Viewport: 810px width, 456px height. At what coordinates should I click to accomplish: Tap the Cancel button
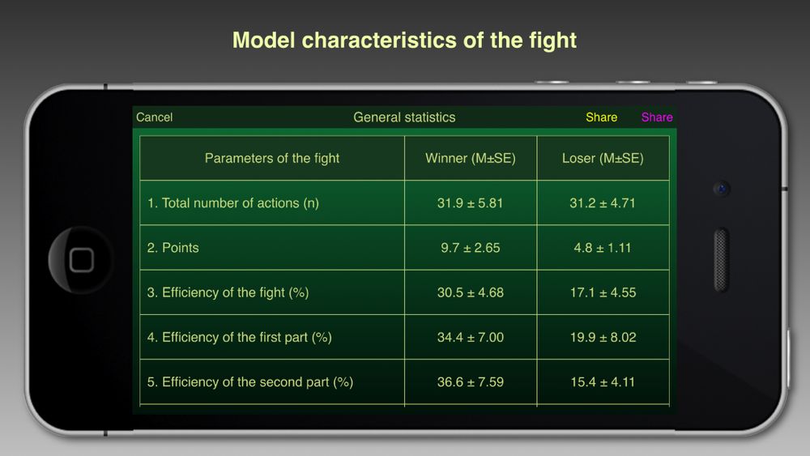click(x=154, y=117)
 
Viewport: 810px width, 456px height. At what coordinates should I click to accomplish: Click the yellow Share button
click(x=601, y=117)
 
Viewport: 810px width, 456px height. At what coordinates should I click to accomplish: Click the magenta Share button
click(x=657, y=117)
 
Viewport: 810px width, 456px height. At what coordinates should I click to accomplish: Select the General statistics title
click(x=404, y=117)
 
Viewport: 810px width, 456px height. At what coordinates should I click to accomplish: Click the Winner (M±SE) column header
click(x=470, y=158)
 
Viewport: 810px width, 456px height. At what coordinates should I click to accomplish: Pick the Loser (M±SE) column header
click(x=603, y=158)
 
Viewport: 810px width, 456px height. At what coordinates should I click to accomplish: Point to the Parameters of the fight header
click(x=271, y=158)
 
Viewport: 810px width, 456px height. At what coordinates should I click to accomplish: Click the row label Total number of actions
click(x=233, y=203)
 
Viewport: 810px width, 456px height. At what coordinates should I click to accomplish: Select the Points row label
click(x=173, y=248)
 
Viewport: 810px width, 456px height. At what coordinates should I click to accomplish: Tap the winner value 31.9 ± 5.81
click(x=470, y=203)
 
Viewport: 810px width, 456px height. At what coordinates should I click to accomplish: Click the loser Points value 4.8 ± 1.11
click(x=603, y=248)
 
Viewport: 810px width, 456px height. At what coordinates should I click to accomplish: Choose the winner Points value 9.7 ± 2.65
click(x=470, y=248)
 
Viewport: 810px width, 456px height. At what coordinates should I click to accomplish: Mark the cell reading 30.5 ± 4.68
click(x=470, y=293)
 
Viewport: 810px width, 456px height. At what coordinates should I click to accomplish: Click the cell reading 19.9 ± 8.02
click(x=603, y=337)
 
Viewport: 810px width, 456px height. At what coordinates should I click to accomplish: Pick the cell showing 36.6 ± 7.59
click(x=470, y=382)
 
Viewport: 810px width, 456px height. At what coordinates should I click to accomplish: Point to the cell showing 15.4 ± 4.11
click(x=603, y=382)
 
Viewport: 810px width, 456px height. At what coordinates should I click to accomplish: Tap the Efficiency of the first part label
click(x=239, y=337)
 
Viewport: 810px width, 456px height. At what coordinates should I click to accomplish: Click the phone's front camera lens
click(x=722, y=189)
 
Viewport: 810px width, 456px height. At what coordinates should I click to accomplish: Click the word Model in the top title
click(x=263, y=40)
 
